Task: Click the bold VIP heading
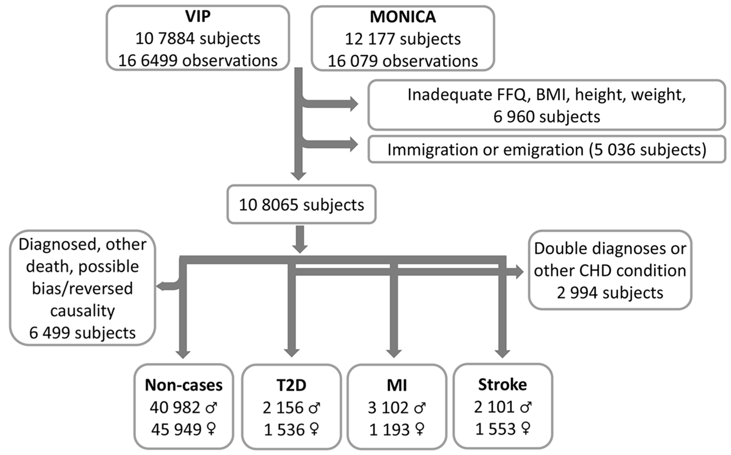point(198,17)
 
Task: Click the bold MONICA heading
point(403,17)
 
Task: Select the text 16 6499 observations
point(198,61)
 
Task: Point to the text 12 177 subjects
point(403,39)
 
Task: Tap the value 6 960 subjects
point(546,117)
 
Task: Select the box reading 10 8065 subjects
point(301,205)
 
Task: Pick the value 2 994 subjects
point(610,293)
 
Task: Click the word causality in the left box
point(82,311)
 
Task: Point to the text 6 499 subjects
point(82,333)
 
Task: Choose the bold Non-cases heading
point(184,385)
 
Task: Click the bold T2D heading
point(291,385)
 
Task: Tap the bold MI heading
point(397,385)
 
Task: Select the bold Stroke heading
point(502,384)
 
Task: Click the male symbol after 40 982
point(211,408)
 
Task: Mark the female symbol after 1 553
point(525,428)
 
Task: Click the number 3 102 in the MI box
point(388,408)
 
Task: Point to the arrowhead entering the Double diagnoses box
point(519,272)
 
